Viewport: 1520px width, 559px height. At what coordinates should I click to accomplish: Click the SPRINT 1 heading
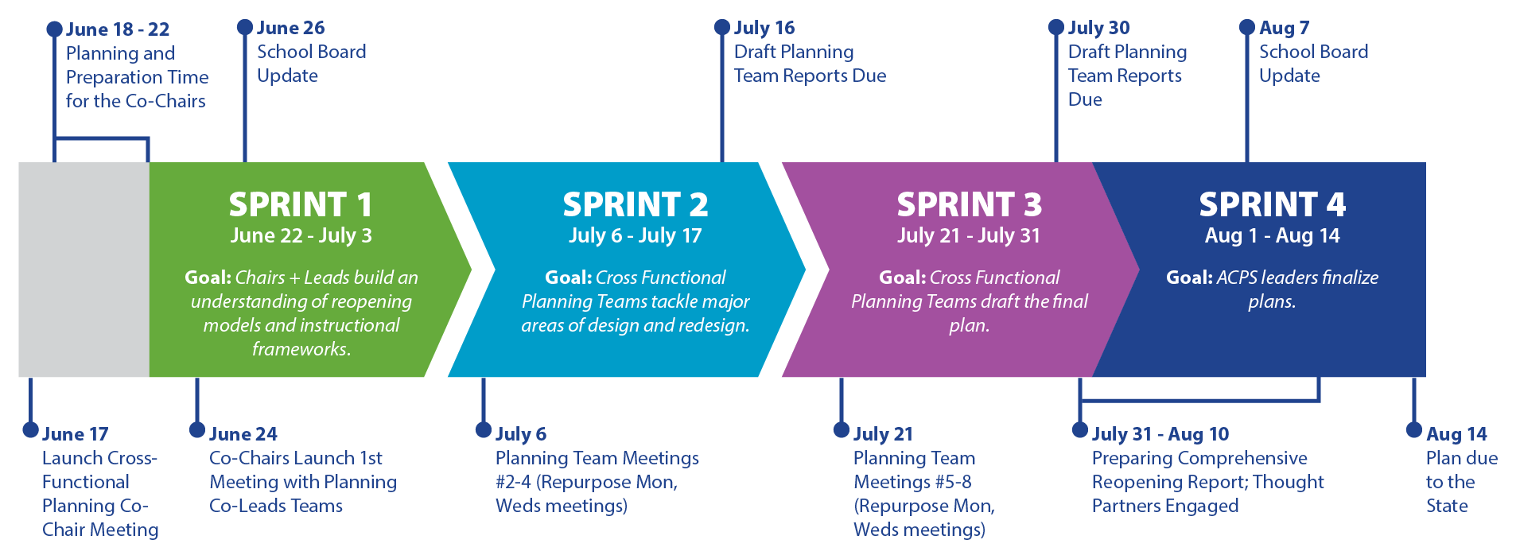[x=301, y=204]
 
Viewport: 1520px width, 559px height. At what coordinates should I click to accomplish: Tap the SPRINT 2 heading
[x=636, y=204]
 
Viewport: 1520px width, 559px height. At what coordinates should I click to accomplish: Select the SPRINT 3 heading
[x=970, y=204]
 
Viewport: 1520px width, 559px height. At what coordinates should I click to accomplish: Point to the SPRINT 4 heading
[x=1273, y=204]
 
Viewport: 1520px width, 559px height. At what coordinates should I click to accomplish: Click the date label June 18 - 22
[x=118, y=29]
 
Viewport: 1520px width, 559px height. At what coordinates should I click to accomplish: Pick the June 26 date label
[x=291, y=28]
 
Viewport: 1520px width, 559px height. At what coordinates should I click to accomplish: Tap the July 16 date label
[x=764, y=28]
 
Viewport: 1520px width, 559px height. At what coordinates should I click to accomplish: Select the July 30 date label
[x=1098, y=28]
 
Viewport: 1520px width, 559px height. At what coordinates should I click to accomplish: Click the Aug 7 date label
[x=1284, y=28]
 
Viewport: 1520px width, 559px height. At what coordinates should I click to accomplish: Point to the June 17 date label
[x=75, y=434]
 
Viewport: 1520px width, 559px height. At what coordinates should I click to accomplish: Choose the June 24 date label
[x=243, y=434]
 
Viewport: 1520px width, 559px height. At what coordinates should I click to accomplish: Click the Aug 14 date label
[x=1456, y=434]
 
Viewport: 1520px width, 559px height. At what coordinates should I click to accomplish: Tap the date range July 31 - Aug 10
[x=1160, y=434]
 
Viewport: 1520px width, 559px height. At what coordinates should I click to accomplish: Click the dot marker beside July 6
[x=484, y=430]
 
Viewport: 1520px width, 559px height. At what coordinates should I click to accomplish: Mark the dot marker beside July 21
[x=842, y=430]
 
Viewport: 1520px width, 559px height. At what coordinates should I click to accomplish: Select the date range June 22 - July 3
[x=301, y=235]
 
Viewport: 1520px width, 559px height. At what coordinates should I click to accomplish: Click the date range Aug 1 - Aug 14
[x=1273, y=235]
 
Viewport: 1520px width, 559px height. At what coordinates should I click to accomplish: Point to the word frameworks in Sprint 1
[x=301, y=349]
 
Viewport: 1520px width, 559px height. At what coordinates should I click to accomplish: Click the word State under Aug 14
[x=1447, y=506]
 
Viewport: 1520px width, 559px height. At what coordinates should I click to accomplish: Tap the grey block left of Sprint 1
[x=84, y=270]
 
